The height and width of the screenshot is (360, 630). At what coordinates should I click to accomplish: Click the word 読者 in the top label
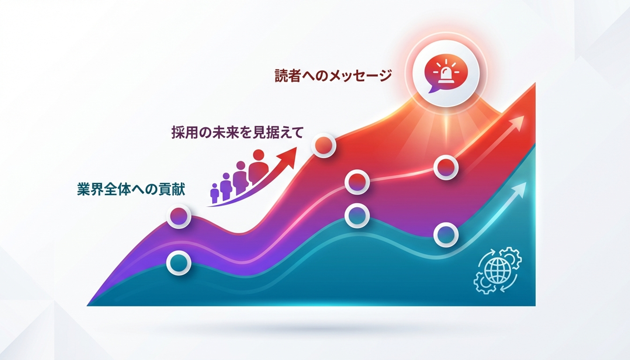click(288, 76)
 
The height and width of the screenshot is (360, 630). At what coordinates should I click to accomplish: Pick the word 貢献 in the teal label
click(172, 189)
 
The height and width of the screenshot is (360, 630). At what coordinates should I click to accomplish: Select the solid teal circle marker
click(179, 263)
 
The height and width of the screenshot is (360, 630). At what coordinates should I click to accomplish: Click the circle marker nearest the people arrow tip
click(324, 145)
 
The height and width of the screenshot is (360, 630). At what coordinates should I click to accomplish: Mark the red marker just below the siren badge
click(446, 167)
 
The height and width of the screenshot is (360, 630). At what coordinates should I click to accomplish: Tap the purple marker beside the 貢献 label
click(179, 216)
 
